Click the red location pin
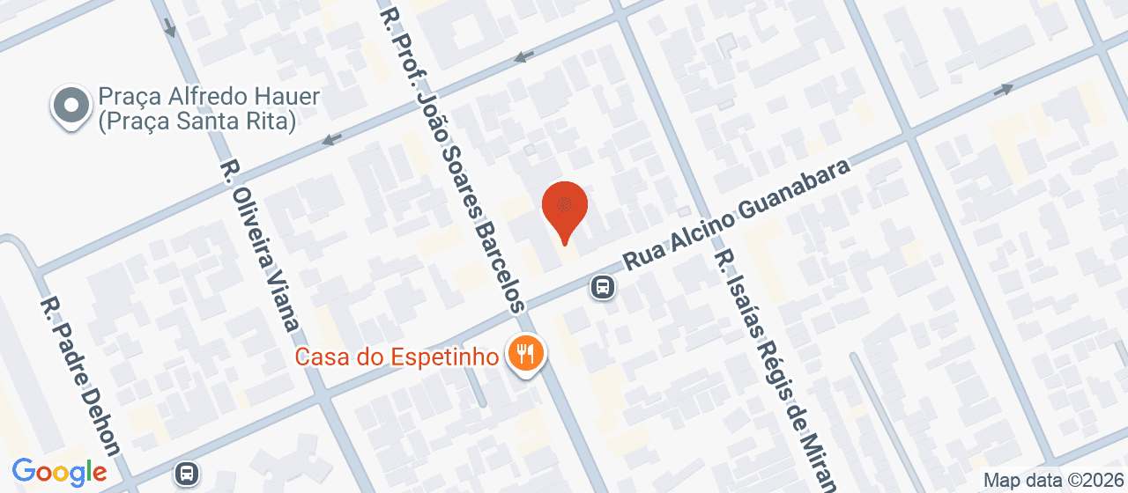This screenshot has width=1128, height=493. point(564,208)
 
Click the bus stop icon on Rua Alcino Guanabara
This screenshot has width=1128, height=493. point(603,286)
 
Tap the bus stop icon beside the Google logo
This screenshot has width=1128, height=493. point(186,473)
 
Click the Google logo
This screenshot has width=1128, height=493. point(59,473)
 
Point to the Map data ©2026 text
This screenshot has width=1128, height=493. point(1054,481)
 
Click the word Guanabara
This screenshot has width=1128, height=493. point(794,195)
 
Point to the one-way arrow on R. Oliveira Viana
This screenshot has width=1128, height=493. point(170,28)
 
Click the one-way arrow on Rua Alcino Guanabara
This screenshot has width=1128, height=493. point(1003,89)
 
